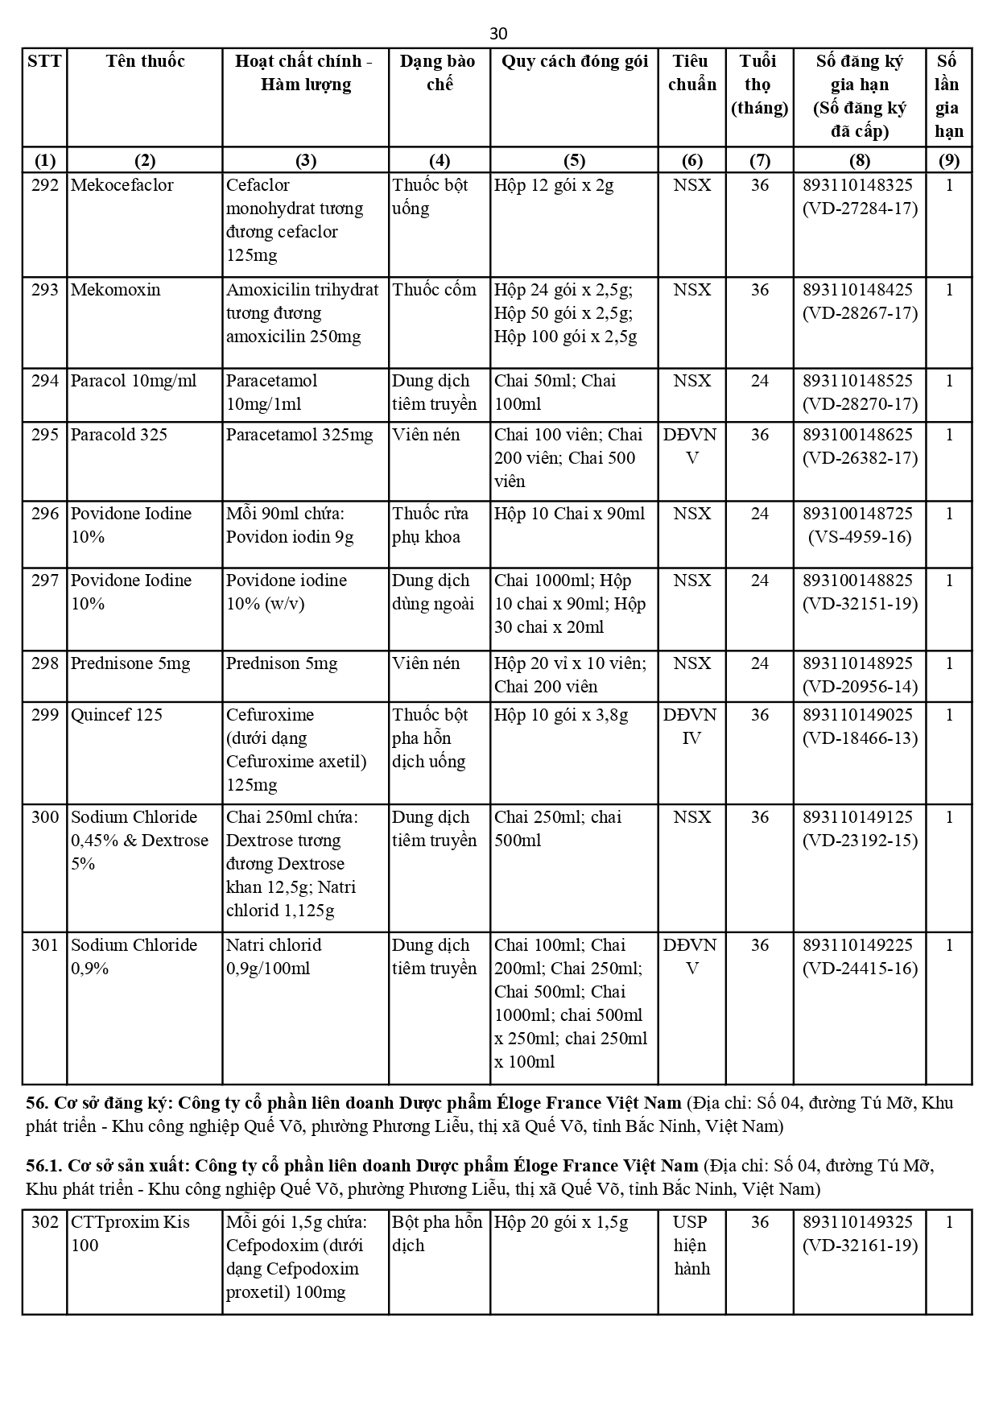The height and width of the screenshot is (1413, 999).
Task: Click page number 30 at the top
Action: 498,33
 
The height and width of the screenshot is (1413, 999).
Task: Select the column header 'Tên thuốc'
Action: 145,61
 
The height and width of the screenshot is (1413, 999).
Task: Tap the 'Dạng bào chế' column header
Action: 439,72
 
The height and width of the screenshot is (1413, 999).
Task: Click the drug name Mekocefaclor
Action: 122,185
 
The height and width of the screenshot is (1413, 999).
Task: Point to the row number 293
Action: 45,290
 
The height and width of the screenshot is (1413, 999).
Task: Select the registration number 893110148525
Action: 858,381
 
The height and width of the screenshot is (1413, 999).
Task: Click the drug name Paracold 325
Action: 119,435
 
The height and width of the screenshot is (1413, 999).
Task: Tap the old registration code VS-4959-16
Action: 860,537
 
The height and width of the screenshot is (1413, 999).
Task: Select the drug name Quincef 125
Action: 117,715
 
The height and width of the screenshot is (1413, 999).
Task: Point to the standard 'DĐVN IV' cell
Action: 691,726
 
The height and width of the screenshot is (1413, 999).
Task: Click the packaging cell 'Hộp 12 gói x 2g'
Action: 554,185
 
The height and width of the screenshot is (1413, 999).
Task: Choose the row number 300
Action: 45,817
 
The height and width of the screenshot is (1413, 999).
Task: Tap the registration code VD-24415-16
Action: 860,969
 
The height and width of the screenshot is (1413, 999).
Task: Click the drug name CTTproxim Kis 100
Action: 130,1233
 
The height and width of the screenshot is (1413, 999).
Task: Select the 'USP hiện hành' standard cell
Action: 691,1246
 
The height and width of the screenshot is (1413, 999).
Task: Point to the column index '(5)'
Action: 574,160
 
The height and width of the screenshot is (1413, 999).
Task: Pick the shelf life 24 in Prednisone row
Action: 759,663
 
